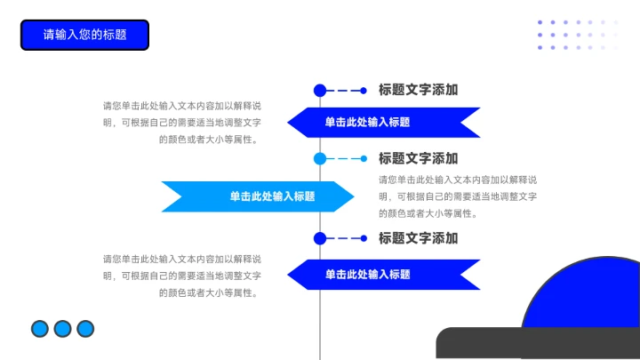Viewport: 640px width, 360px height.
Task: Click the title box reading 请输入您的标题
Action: pos(84,35)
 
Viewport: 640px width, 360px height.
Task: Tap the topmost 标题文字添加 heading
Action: pos(418,90)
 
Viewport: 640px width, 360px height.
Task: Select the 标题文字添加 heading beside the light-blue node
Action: pos(418,158)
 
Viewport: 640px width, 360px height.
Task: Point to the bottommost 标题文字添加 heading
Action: pos(418,238)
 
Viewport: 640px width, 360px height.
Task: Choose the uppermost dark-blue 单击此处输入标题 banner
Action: pos(382,122)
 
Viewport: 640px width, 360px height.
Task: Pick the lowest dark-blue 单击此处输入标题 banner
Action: pos(382,275)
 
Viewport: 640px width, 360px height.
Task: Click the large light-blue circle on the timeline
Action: pos(320,159)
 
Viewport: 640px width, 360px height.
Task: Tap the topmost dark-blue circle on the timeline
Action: pos(320,90)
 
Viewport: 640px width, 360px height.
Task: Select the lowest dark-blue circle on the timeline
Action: pos(320,238)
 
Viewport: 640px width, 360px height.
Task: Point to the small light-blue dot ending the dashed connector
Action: pos(364,159)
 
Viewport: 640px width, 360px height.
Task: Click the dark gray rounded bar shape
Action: pos(533,344)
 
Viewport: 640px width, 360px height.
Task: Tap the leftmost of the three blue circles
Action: pos(39,329)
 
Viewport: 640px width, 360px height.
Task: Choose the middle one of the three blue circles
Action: pos(62,329)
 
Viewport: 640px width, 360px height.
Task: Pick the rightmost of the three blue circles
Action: pos(85,329)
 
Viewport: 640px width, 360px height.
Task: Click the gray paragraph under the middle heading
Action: pos(458,196)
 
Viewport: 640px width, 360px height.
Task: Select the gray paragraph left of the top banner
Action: pos(182,122)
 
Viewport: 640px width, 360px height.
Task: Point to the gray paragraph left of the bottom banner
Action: pos(182,275)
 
